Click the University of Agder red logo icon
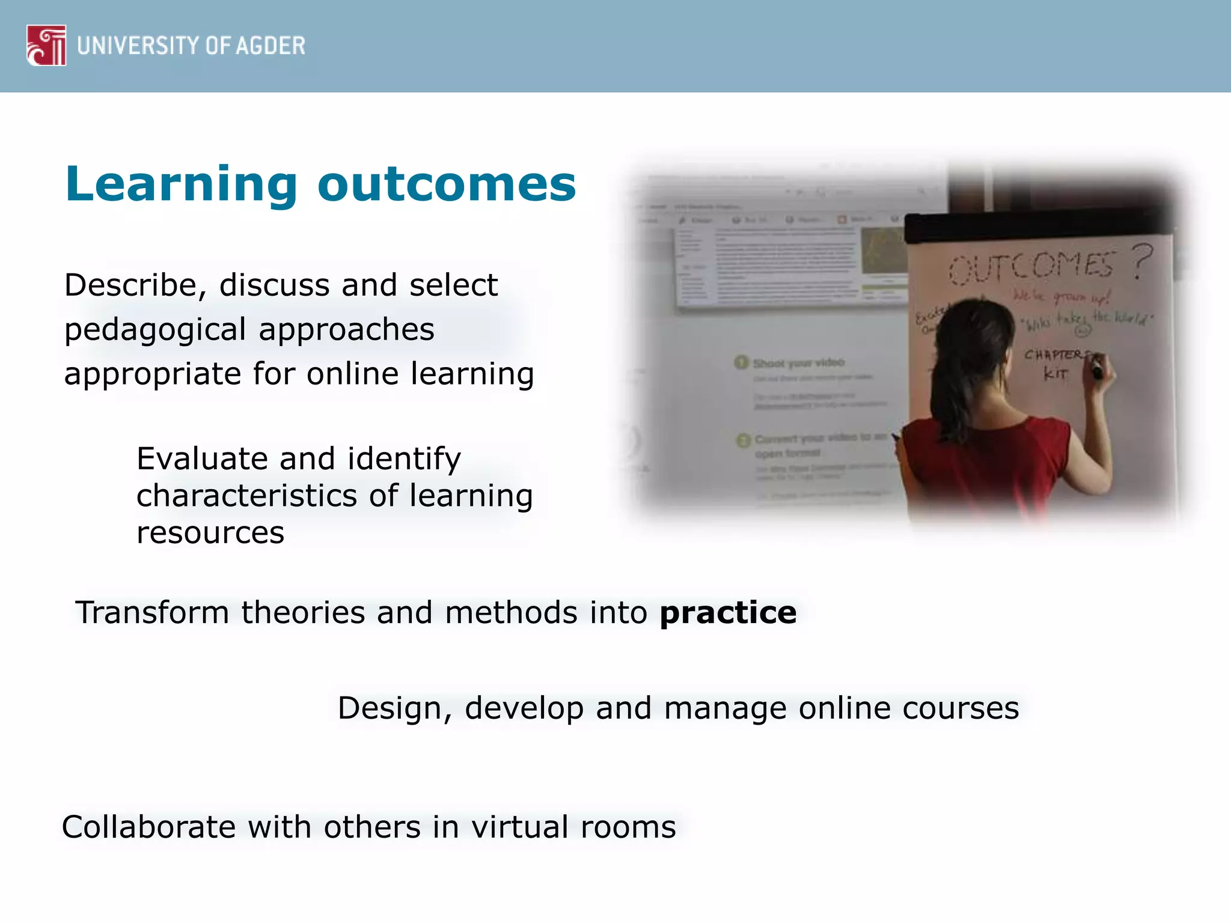[x=46, y=45]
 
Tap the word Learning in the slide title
[x=181, y=184]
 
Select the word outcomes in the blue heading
[x=446, y=184]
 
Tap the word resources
[x=210, y=533]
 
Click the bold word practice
[x=728, y=613]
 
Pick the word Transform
[x=152, y=613]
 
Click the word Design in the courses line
[x=390, y=708]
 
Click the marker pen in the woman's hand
[x=1098, y=367]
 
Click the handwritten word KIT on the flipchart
[x=1055, y=374]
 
